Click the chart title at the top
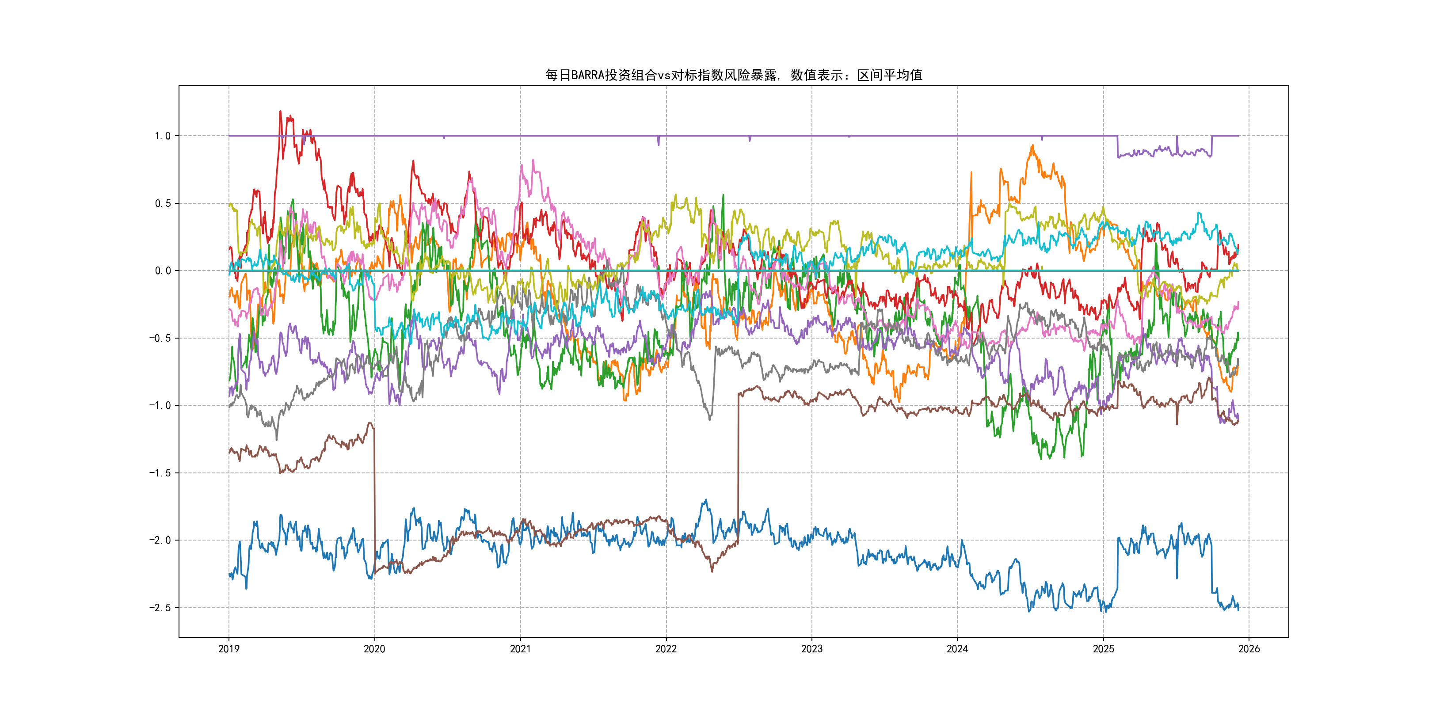[733, 75]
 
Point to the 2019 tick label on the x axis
[229, 649]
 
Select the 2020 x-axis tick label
[374, 649]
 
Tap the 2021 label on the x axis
[520, 649]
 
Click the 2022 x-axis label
[666, 649]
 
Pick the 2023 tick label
[811, 649]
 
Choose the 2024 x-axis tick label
[957, 649]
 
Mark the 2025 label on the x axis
[1104, 649]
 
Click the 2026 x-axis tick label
[1249, 649]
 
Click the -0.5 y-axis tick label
[160, 338]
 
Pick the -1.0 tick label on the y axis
[160, 405]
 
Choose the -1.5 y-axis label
[160, 473]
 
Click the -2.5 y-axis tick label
[160, 608]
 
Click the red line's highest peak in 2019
[280, 112]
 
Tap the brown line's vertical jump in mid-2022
[738, 467]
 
